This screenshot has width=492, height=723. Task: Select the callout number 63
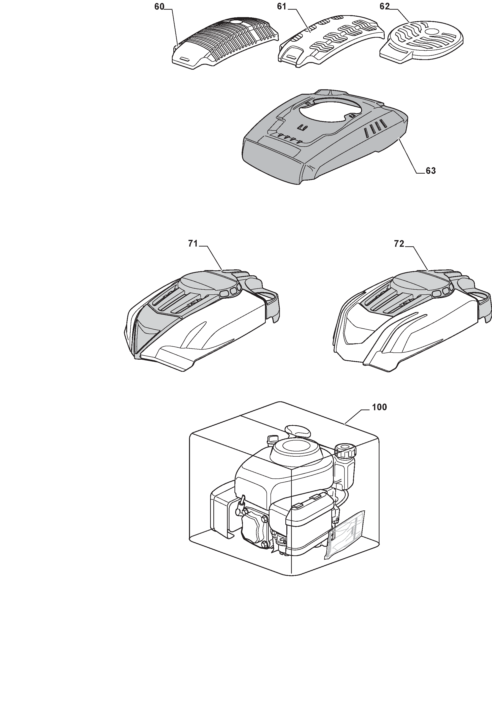click(431, 171)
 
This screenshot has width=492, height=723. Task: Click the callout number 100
click(379, 407)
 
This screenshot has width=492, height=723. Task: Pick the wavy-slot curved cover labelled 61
click(330, 40)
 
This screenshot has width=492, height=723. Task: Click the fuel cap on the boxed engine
click(345, 451)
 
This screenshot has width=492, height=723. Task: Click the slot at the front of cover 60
click(185, 59)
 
